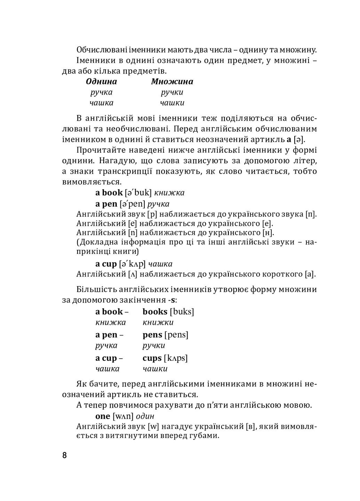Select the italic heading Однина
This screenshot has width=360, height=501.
click(101, 82)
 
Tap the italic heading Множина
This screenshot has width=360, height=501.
click(172, 82)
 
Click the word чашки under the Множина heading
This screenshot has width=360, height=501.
click(172, 103)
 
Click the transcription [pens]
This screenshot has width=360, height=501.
click(176, 335)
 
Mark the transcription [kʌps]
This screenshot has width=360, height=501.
click(176, 358)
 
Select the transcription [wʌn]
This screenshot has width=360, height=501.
click(123, 416)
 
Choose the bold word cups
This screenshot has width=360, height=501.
click(152, 358)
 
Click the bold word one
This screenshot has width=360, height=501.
click(103, 416)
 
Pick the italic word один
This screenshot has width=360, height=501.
click(145, 416)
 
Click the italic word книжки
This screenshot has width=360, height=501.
click(158, 323)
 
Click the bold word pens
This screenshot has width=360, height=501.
click(152, 335)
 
